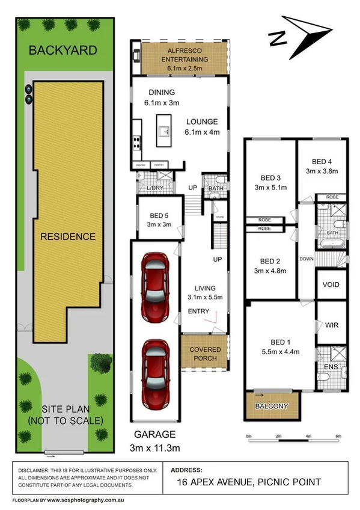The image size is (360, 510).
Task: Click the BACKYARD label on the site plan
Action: point(63,51)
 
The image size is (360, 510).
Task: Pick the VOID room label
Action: point(331,284)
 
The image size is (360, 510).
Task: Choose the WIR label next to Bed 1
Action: point(331,325)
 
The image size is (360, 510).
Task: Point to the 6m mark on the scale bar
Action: point(338,435)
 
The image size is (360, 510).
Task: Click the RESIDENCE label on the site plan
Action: point(68,236)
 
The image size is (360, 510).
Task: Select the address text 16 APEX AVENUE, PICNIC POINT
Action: point(249,482)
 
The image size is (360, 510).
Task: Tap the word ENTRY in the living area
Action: point(199,311)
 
